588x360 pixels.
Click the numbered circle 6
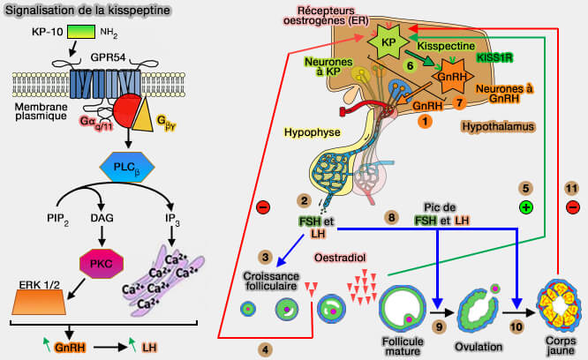point(409,65)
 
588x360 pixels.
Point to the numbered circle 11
point(571,187)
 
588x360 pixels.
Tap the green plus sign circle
point(525,208)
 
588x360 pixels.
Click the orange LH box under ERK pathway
point(150,348)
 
